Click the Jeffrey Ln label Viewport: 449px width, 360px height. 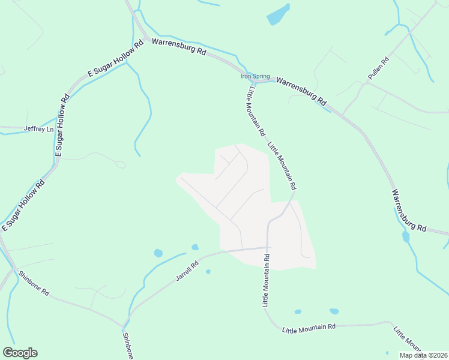coord(38,129)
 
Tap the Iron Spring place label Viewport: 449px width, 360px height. coord(255,76)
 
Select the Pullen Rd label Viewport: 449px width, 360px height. coord(379,69)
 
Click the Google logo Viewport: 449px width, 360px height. coord(20,353)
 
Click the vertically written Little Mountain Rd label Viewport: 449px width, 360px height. coord(266,280)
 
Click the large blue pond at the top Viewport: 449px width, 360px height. coord(279,14)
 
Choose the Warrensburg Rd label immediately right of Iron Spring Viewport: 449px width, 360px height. coord(301,91)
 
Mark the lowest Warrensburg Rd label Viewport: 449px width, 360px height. coord(409,211)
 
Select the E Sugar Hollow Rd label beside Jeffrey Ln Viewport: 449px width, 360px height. coord(61,125)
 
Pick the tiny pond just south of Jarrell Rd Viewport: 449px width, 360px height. coord(208,272)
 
